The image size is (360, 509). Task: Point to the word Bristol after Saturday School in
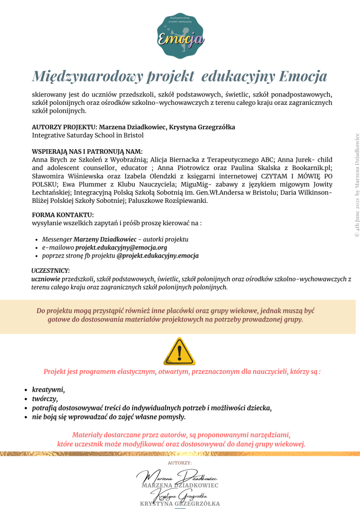(133, 135)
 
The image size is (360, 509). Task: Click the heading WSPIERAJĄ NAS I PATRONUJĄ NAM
(87, 152)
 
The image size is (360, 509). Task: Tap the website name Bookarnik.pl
(308, 168)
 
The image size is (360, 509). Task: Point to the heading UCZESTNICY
(50, 270)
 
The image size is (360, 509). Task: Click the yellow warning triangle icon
(180, 351)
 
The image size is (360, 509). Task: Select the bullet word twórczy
(45, 399)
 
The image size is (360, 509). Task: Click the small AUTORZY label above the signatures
(180, 463)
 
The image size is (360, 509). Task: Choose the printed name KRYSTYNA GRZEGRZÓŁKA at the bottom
(180, 504)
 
